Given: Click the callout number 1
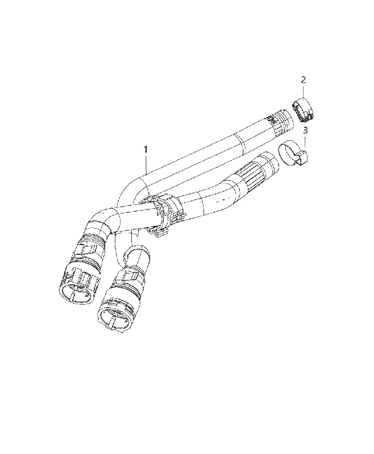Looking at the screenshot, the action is pyautogui.click(x=146, y=150).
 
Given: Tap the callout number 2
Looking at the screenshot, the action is pyautogui.click(x=304, y=79).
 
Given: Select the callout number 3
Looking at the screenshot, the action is pyautogui.click(x=305, y=131).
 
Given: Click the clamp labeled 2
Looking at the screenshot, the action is pyautogui.click(x=304, y=110).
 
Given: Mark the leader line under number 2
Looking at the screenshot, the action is pyautogui.click(x=304, y=91).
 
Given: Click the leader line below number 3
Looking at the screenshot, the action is pyautogui.click(x=305, y=142).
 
